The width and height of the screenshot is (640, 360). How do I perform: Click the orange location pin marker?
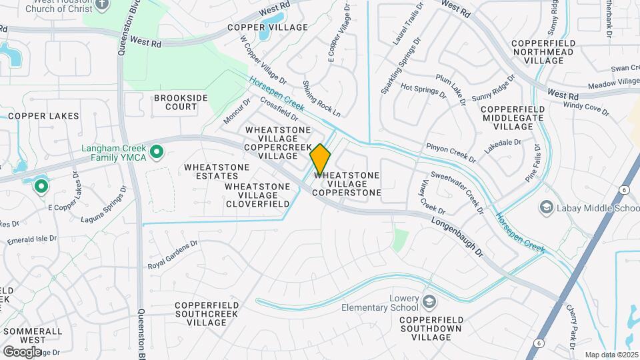click(320, 159)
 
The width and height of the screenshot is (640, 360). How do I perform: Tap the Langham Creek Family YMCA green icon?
click(157, 153)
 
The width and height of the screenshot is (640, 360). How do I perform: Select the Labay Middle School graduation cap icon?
click(546, 208)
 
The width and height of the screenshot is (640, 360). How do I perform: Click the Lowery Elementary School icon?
click(429, 302)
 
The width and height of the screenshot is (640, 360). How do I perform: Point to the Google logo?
click(22, 351)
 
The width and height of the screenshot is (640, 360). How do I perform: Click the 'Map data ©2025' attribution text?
click(610, 355)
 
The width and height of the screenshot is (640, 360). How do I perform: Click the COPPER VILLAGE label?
click(267, 27)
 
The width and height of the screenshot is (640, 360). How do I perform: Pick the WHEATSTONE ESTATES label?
click(217, 171)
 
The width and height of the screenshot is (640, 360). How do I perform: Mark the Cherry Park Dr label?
click(572, 324)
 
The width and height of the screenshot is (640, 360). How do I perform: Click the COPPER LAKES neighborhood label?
click(43, 116)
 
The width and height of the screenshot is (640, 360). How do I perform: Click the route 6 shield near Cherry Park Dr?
click(537, 344)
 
